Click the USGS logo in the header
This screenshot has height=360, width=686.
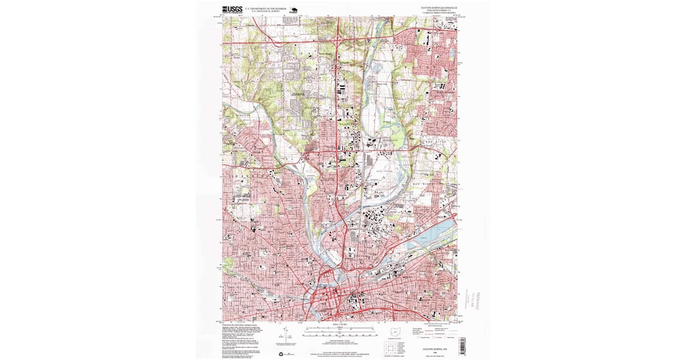point(232,9)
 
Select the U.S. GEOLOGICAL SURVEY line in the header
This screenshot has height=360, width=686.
point(265,11)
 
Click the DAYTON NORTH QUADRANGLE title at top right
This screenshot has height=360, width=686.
point(439,7)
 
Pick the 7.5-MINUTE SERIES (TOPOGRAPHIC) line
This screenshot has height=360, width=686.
point(439,13)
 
